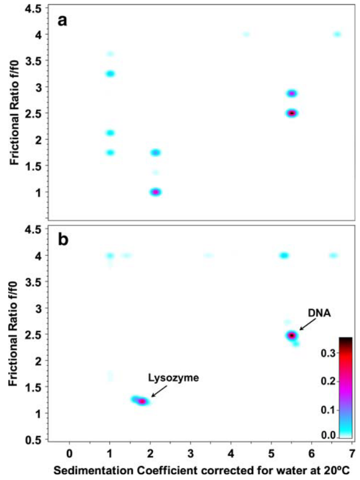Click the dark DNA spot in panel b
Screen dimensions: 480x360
pos(291,336)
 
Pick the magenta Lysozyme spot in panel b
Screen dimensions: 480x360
pos(142,401)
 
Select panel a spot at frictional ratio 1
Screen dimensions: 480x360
pos(155,192)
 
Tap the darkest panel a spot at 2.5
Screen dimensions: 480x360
pos(291,113)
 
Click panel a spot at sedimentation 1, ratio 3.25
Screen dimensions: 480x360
pos(110,74)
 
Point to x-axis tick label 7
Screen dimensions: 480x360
pos(352,451)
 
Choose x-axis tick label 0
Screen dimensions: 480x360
pos(70,451)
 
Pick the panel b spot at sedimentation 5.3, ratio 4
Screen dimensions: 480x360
pos(284,256)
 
